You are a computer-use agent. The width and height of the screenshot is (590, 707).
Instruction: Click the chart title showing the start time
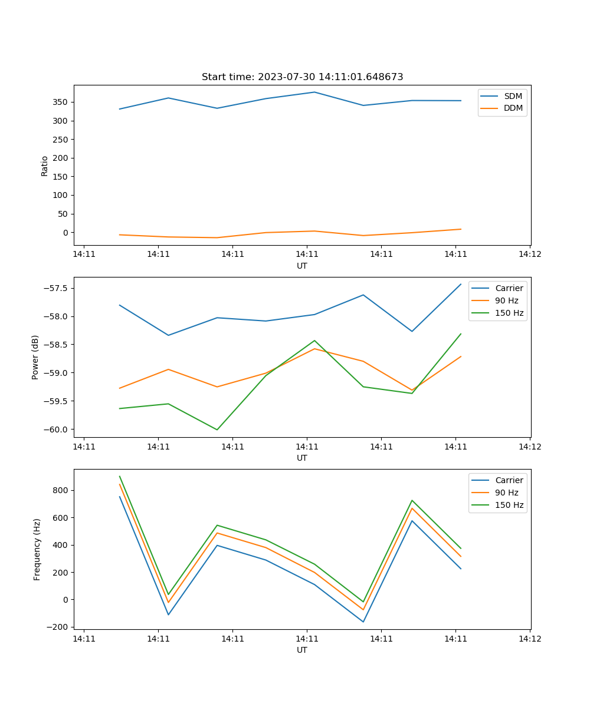coord(302,77)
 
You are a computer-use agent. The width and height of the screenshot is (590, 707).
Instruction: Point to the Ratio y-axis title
coord(45,166)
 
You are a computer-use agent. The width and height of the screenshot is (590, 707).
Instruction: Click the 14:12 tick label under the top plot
coord(529,255)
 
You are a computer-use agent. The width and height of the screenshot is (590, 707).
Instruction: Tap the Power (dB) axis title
coord(35,357)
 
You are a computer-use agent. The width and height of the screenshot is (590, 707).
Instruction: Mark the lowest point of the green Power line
coord(217,430)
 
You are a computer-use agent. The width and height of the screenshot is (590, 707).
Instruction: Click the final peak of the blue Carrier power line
coord(461,284)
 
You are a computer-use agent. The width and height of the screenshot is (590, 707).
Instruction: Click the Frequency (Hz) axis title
coord(37,549)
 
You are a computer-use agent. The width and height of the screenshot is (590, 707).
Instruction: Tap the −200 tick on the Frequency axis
coord(59,627)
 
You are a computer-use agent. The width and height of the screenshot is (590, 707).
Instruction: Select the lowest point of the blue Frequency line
coord(363,622)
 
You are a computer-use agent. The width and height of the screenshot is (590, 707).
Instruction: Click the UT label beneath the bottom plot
coord(302,650)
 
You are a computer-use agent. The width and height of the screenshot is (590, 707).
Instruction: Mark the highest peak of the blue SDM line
coord(314,92)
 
